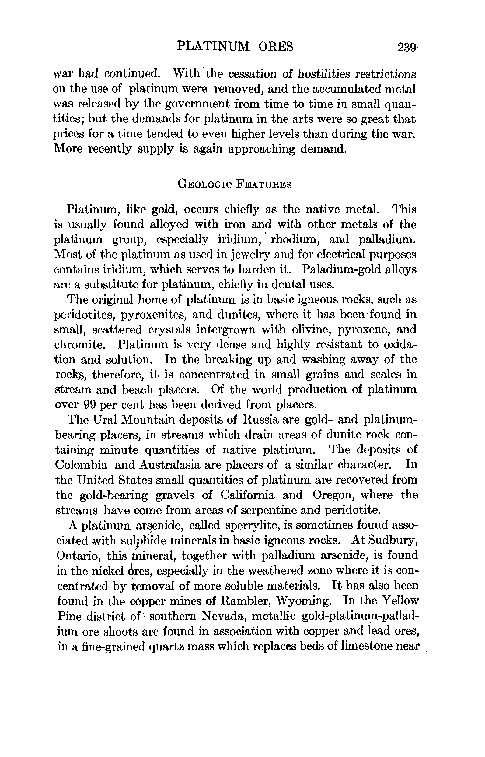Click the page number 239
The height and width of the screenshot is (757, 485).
pos(406,48)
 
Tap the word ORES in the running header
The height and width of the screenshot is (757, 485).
pos(276,47)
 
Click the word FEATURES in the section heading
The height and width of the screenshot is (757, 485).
pos(263,184)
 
